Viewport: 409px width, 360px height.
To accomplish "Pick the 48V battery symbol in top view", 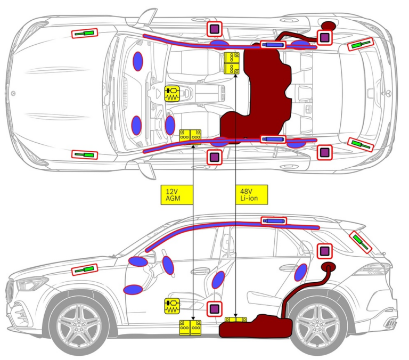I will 232,63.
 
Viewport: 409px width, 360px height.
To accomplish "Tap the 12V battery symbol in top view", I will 190,136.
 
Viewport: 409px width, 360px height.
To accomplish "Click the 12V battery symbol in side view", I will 190,328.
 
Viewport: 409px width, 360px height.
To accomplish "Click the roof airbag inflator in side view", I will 273,220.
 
